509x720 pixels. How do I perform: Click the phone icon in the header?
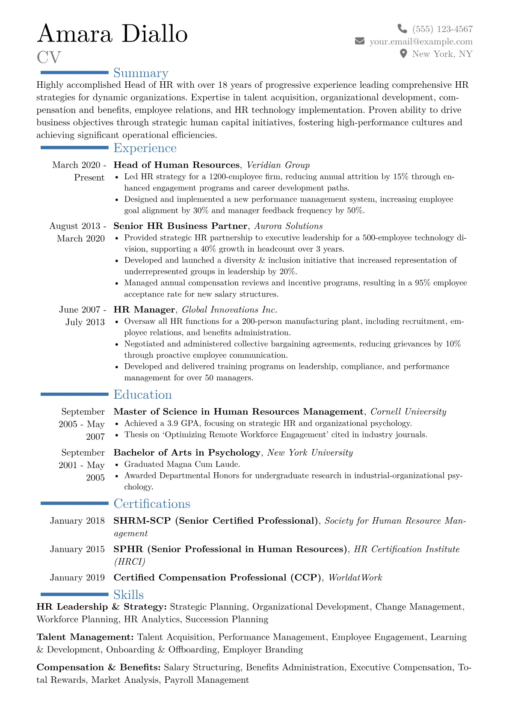(x=402, y=29)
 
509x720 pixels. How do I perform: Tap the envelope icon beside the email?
(x=360, y=41)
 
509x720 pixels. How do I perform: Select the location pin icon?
(x=403, y=54)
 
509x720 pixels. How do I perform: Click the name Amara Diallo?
(x=112, y=34)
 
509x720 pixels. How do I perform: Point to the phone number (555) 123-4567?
(x=442, y=29)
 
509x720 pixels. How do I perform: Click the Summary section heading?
(x=141, y=73)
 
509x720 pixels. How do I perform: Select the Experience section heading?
(x=145, y=148)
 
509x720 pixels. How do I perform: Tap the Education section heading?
(x=142, y=395)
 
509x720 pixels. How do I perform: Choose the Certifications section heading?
(x=152, y=504)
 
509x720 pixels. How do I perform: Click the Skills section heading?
(x=128, y=595)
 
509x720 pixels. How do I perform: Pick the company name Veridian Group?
(x=278, y=165)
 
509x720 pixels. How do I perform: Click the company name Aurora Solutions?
(x=288, y=226)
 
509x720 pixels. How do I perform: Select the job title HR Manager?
(x=144, y=310)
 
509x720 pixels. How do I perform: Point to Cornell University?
(x=408, y=412)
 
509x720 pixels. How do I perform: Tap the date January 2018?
(x=77, y=521)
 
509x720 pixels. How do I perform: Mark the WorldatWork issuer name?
(x=355, y=578)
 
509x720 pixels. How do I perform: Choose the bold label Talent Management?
(x=85, y=637)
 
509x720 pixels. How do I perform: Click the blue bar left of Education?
(x=74, y=394)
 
